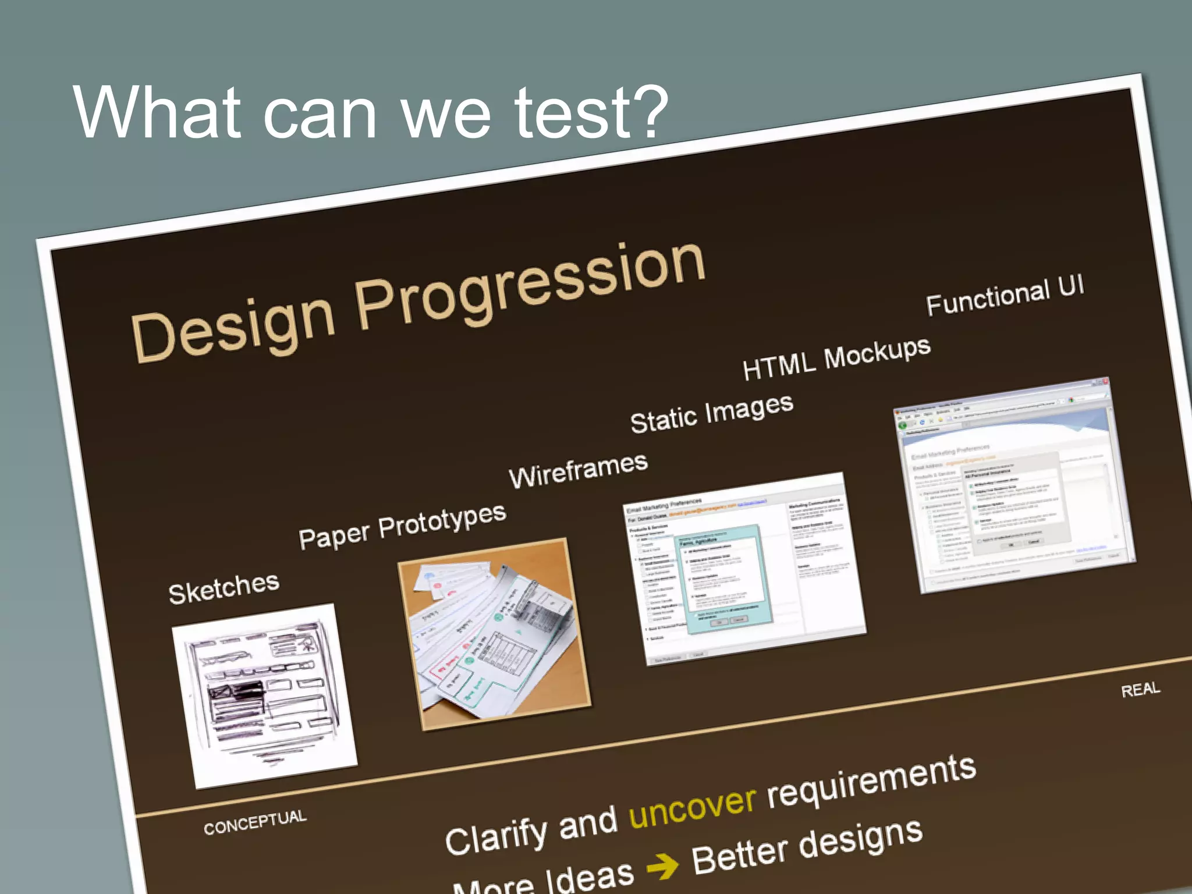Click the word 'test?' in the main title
click(x=590, y=113)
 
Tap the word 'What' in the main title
click(x=156, y=113)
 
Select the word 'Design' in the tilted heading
click(x=233, y=327)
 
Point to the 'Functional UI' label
click(x=1005, y=296)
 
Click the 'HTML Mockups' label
click(x=836, y=359)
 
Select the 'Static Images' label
click(x=711, y=413)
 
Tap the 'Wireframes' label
click(x=578, y=470)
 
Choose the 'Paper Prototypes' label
click(x=402, y=526)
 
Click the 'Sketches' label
click(x=224, y=588)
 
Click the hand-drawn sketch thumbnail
click(x=264, y=695)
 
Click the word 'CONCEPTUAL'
click(x=255, y=822)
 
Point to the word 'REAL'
click(x=1140, y=690)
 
